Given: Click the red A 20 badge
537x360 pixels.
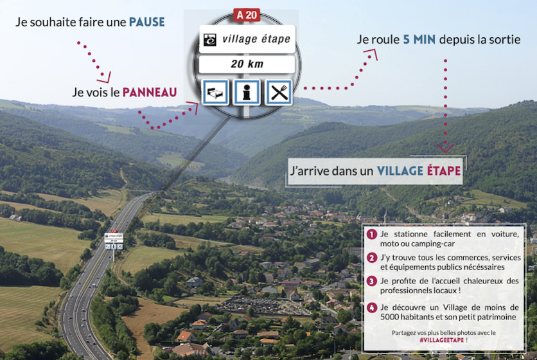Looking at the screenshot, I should click(247, 15).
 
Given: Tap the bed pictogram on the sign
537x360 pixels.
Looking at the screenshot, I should click(215, 92).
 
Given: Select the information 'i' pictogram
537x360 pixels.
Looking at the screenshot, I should click(247, 92).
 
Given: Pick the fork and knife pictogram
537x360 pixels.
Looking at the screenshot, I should click(278, 92).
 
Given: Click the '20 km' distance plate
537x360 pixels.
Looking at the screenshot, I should click(247, 64).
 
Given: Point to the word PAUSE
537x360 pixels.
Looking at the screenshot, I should click(146, 22).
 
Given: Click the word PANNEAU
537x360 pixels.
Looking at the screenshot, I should click(150, 92).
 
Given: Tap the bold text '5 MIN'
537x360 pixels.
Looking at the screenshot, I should click(419, 40).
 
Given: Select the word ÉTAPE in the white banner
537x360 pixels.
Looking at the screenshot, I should click(443, 171).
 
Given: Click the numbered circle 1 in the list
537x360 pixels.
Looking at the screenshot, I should click(371, 235).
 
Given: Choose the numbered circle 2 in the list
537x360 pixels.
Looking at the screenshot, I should click(371, 258).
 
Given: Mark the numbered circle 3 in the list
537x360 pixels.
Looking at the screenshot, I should click(371, 281).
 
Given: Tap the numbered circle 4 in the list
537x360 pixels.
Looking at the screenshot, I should click(371, 308).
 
